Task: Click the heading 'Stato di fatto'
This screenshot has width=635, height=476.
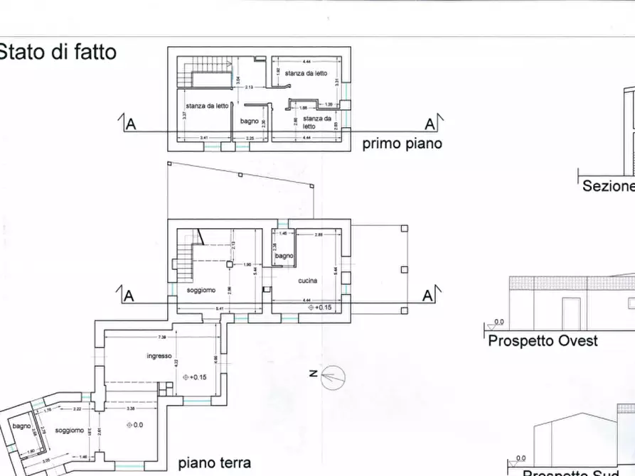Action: coord(58,52)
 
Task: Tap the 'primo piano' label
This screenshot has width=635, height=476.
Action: coord(402,144)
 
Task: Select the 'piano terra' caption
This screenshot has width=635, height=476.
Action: coord(214,463)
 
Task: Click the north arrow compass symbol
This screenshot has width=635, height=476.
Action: coord(331,377)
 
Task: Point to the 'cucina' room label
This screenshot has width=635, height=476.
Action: coord(308,281)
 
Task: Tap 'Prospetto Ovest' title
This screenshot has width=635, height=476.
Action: coord(543,341)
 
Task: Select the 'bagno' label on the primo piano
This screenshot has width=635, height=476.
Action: coord(249,121)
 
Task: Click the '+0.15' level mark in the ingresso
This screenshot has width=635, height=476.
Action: coord(193,377)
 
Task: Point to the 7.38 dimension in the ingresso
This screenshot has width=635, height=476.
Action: coord(162,337)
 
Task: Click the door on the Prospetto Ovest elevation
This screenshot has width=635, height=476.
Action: coord(570,313)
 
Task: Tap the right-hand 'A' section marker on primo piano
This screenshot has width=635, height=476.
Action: coord(429,124)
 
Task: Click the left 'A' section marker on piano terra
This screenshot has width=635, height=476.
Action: coord(129,296)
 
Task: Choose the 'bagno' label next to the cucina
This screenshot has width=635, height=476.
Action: coord(284,256)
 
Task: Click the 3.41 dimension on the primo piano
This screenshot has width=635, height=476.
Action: coord(203,137)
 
